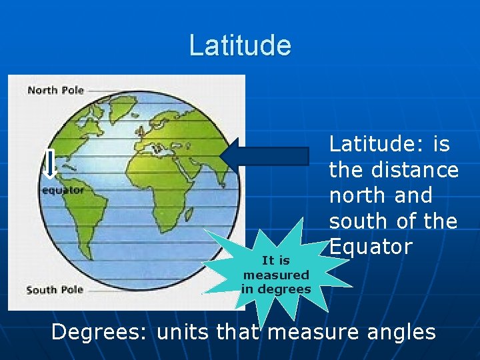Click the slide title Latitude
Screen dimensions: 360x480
(x=240, y=45)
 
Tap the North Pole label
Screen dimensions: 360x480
(x=55, y=90)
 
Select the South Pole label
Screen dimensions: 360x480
(x=55, y=289)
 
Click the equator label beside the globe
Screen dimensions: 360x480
(x=63, y=190)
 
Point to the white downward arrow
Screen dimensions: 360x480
(x=49, y=165)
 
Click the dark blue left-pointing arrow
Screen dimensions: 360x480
(x=265, y=156)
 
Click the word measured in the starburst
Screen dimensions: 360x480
(x=276, y=275)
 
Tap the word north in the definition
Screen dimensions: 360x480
(x=355, y=195)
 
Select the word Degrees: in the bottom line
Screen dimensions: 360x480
(x=101, y=331)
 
